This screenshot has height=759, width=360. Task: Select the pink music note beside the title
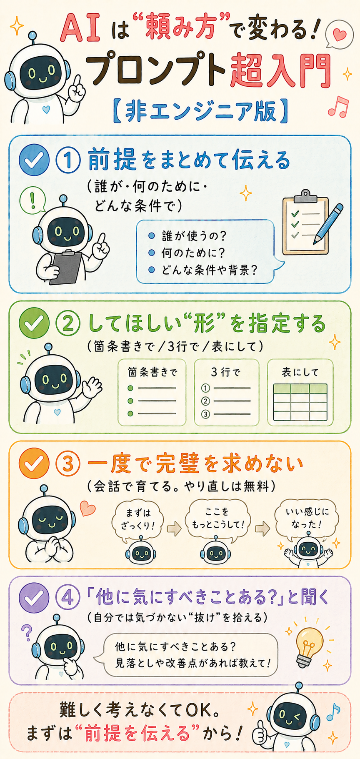(x=338, y=107)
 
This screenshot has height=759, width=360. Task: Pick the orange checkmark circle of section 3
(x=34, y=463)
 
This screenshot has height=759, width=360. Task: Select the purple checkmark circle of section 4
(x=34, y=598)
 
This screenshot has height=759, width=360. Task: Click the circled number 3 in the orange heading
(x=68, y=464)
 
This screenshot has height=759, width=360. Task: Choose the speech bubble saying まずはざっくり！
(x=138, y=520)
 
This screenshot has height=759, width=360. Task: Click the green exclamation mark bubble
(x=33, y=201)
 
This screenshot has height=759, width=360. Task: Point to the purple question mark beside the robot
(x=27, y=632)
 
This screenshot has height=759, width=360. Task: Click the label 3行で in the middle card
(x=225, y=372)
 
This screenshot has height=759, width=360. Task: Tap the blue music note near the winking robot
(x=333, y=711)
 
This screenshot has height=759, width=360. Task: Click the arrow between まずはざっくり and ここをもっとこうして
(x=174, y=529)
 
